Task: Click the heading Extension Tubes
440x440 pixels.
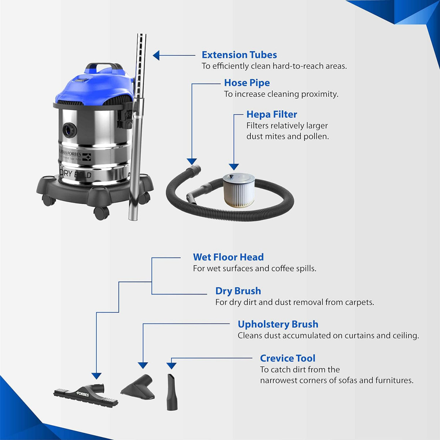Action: coord(239,55)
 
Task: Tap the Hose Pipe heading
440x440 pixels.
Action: coord(247,83)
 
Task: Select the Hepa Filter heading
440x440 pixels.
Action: coord(271,114)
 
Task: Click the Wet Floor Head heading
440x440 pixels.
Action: coord(228,257)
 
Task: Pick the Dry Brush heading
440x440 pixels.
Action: coord(238,291)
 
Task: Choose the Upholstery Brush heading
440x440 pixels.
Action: coord(278,324)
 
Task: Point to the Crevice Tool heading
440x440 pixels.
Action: coord(287,358)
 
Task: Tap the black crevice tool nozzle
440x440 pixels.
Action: coord(172,392)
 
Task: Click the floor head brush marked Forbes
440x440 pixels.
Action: coord(86,395)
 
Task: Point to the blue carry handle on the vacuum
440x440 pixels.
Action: coord(104,67)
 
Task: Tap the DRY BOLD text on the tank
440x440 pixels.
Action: coord(76,174)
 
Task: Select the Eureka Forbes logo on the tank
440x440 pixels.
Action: coord(75,155)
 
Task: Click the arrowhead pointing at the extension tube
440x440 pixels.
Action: coord(156,55)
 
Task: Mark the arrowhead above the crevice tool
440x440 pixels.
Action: coord(171,366)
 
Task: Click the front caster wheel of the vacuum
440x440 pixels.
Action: coord(101,213)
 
